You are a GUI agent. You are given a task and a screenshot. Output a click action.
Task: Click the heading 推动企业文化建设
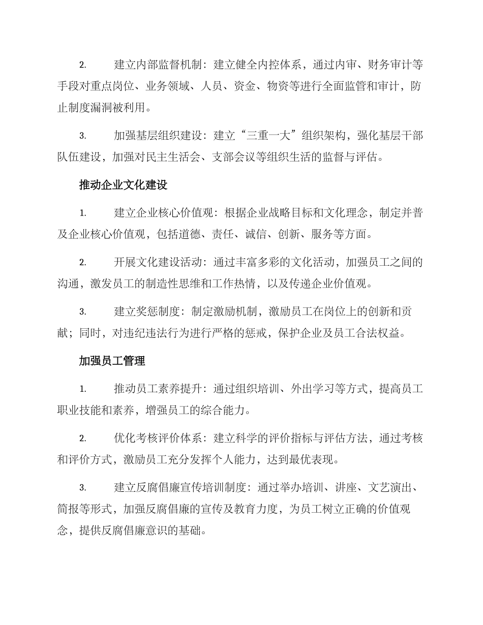[x=124, y=185]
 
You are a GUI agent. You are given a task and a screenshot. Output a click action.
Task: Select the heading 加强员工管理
[x=112, y=361]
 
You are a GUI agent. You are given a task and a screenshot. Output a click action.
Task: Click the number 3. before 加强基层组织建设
[x=83, y=136]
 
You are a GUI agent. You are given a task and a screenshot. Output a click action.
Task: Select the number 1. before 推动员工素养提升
[x=83, y=389]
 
